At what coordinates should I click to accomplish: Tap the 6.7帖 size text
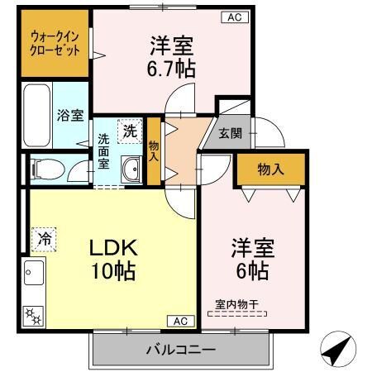(173, 68)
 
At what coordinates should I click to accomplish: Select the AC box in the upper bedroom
(232, 17)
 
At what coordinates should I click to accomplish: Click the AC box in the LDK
(180, 321)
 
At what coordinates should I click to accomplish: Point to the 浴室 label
(69, 116)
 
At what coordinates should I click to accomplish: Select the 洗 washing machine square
(131, 130)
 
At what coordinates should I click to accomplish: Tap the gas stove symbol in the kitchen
(33, 315)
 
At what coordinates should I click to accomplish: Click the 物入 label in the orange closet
(270, 169)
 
